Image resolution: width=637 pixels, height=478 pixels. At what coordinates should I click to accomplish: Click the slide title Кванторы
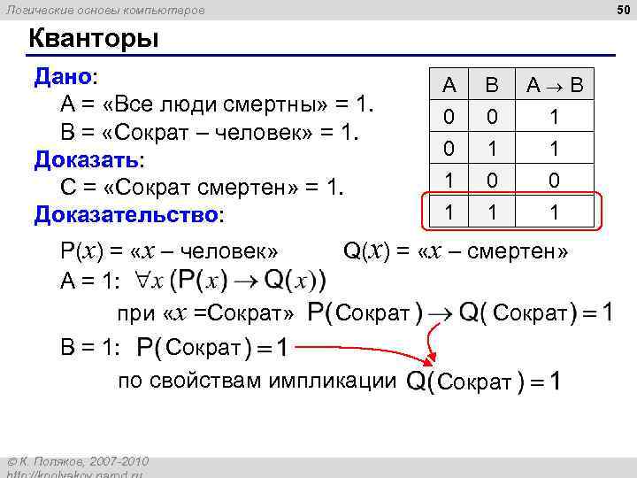(94, 39)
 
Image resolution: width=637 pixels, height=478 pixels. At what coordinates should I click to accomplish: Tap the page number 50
(621, 10)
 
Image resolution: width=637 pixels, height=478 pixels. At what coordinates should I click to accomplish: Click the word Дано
(63, 76)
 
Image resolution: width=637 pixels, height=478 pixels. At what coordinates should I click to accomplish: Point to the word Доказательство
(127, 214)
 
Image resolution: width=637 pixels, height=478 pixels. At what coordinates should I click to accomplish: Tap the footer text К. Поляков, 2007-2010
(82, 462)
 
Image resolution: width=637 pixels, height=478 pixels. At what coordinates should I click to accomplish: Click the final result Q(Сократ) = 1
(481, 382)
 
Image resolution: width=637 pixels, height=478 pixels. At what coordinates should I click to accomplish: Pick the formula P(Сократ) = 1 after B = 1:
(211, 348)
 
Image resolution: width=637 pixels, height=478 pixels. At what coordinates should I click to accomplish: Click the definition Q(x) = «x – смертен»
(455, 251)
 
